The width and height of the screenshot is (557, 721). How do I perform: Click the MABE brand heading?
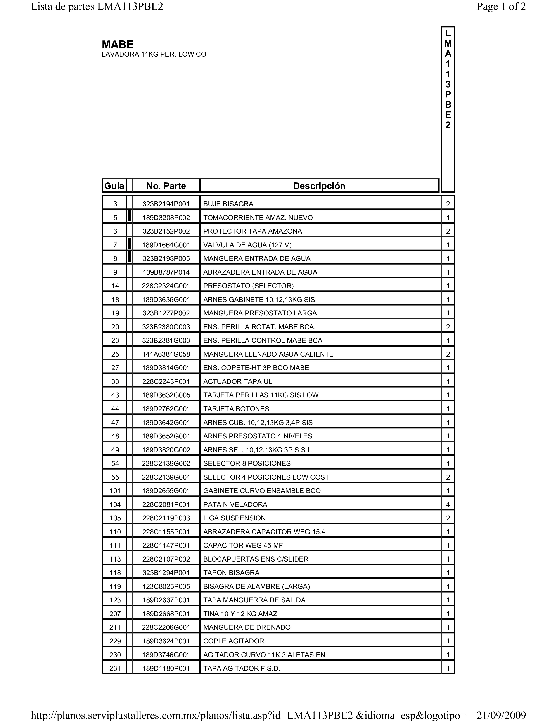(118, 45)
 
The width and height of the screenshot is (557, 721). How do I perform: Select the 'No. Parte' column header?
(166, 186)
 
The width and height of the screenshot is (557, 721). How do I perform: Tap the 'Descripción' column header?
(319, 186)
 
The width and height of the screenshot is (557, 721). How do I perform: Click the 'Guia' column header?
(114, 186)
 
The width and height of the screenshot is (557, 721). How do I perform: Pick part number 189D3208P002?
(166, 218)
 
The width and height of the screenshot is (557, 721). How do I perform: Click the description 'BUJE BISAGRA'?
(228, 204)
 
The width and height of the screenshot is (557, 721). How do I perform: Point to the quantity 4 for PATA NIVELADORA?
(448, 504)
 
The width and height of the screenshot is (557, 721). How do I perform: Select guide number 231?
(115, 669)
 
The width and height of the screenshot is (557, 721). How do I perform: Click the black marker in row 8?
(129, 257)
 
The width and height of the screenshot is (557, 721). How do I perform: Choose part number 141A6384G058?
(166, 354)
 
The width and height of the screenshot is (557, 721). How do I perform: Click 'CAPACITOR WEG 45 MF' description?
(243, 545)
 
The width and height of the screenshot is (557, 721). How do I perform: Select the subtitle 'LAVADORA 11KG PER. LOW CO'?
(154, 54)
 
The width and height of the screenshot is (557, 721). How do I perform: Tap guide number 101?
(115, 491)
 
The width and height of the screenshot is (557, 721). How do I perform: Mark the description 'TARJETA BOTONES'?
(236, 409)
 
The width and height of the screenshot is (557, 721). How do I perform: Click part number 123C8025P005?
(166, 587)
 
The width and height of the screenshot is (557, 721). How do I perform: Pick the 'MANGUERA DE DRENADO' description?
(247, 627)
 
